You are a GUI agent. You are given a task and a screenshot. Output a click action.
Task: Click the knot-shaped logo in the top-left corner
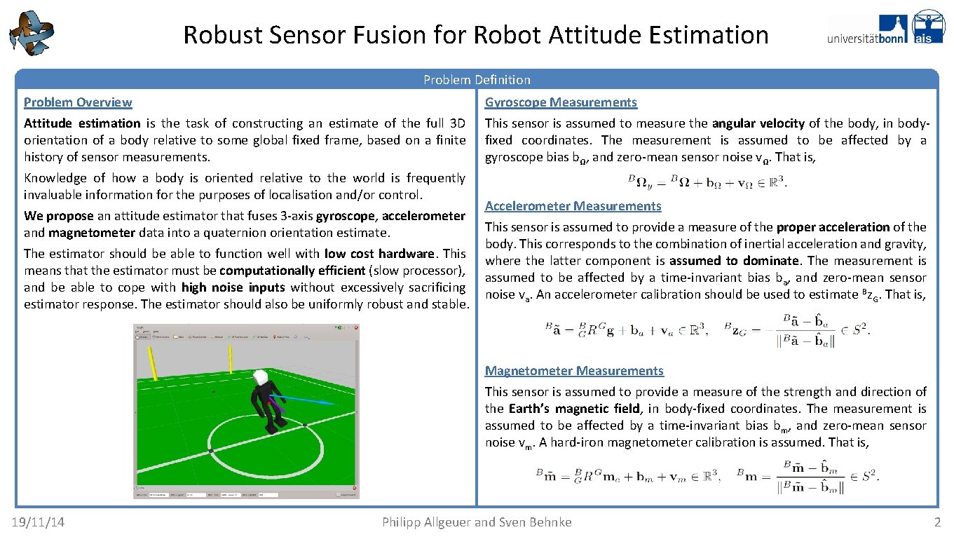click(x=31, y=32)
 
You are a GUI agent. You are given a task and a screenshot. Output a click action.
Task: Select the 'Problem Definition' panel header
click(x=477, y=80)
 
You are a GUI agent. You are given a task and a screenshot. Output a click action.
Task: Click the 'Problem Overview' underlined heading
click(x=78, y=102)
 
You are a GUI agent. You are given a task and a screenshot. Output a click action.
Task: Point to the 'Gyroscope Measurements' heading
click(x=561, y=102)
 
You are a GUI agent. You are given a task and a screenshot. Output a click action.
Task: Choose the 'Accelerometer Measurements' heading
click(x=573, y=206)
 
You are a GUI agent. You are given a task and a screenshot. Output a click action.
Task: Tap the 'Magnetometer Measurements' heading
click(x=574, y=371)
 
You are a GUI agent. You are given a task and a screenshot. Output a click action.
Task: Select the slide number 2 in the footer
click(x=937, y=522)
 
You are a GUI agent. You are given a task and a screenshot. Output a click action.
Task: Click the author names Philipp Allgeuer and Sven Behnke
click(x=477, y=522)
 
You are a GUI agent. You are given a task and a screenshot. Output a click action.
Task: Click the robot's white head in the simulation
click(x=261, y=377)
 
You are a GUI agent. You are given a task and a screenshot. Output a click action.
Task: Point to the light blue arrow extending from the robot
click(x=308, y=401)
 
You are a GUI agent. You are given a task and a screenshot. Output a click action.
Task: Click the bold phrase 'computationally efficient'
click(x=293, y=271)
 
